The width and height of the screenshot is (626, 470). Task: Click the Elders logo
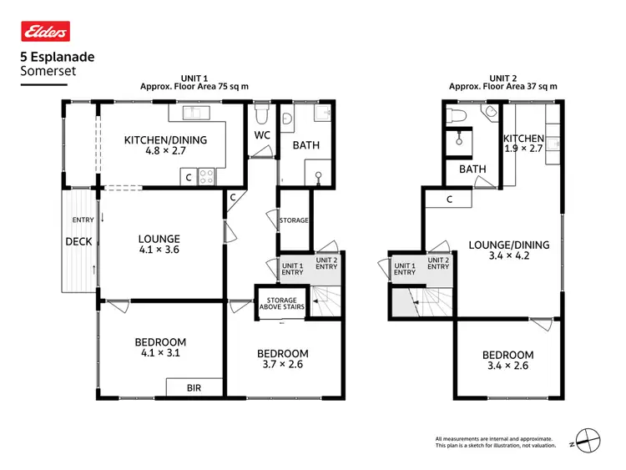[44, 32]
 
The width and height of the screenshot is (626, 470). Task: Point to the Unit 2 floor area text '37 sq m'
[541, 86]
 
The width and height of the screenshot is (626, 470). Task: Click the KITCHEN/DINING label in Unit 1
[165, 140]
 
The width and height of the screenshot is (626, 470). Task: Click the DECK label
[78, 242]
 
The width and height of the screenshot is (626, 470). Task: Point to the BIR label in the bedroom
[194, 388]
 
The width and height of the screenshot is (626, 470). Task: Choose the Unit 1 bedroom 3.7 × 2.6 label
[282, 354]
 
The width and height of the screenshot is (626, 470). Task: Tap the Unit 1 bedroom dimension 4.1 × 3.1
[160, 353]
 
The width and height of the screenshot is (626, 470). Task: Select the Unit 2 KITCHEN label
[523, 139]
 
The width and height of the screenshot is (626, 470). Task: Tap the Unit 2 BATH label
[472, 169]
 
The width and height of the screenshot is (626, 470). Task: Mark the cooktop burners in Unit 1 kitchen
[206, 176]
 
